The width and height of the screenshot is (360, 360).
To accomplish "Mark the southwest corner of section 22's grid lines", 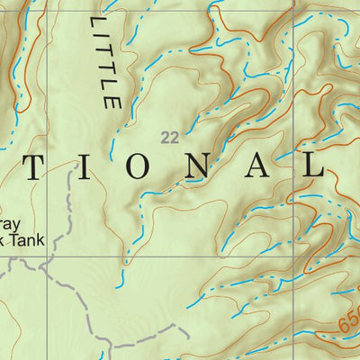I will (49, 256).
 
